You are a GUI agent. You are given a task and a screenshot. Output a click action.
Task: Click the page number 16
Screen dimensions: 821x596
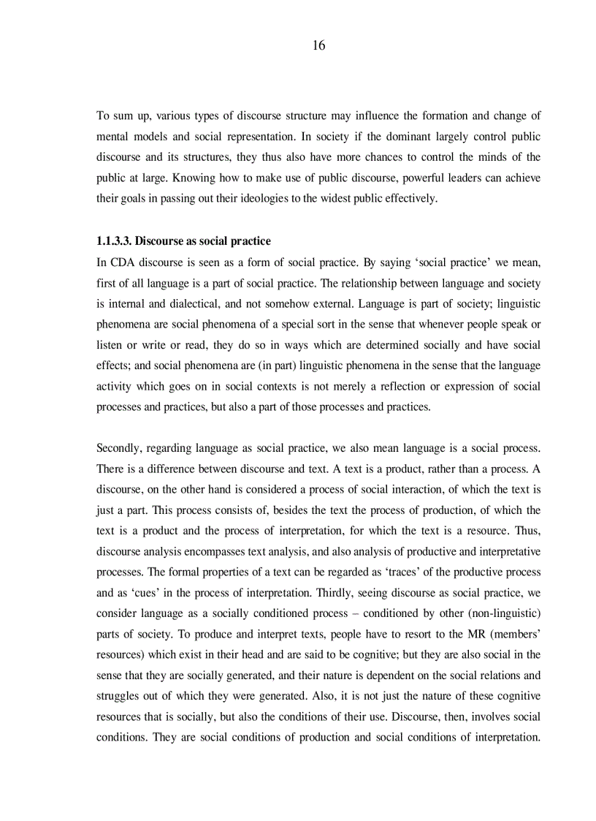(318, 45)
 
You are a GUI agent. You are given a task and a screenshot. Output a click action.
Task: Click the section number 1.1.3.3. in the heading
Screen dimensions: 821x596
(114, 241)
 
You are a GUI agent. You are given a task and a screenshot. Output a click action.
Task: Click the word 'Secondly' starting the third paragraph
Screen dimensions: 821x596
(119, 447)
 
